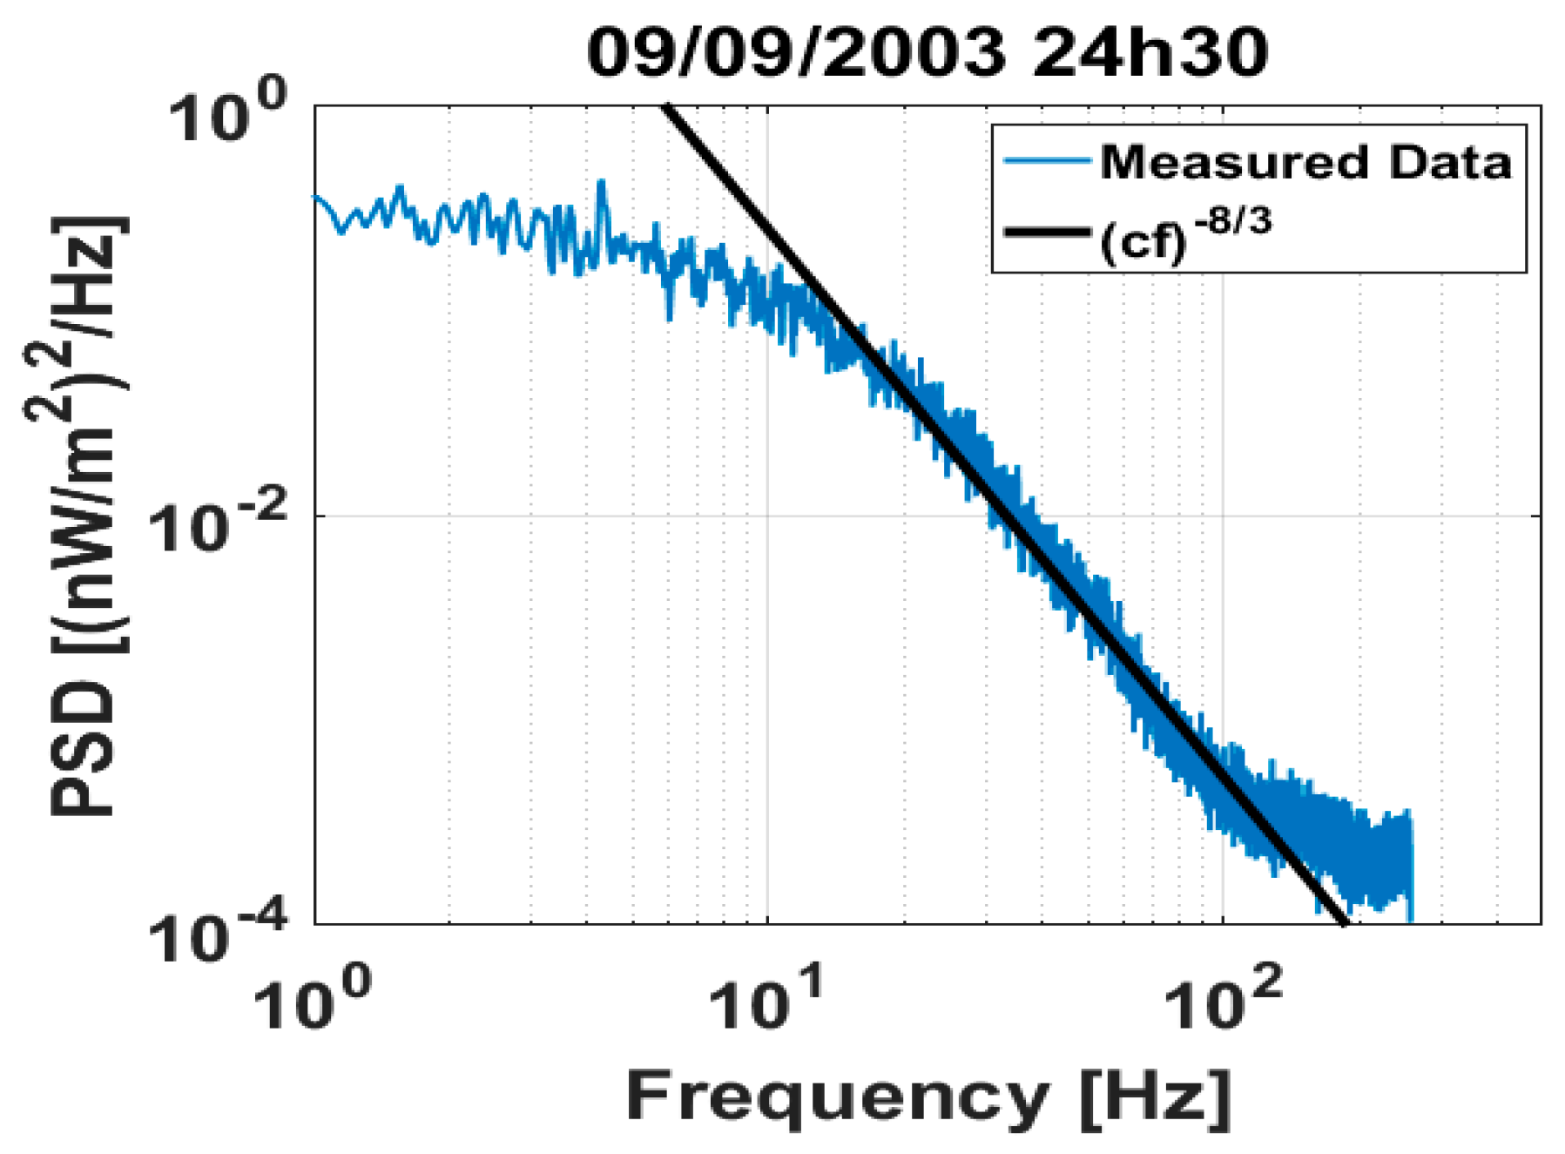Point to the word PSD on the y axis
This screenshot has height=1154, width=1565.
pos(84,749)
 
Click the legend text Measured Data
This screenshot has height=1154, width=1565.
pos(1305,163)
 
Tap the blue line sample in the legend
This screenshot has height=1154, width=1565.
pos(1047,161)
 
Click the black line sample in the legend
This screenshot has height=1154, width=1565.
pos(1047,232)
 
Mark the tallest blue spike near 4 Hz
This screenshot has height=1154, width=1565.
pos(601,183)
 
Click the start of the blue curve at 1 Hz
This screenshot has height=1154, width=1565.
pos(316,198)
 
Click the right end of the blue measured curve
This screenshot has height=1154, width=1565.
pos(1410,914)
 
